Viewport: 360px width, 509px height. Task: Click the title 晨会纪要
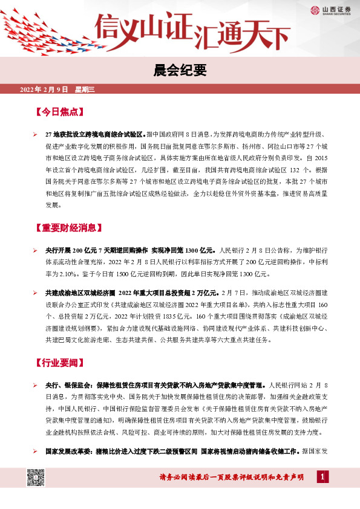(x=180, y=70)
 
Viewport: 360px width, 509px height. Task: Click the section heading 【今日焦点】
(x=59, y=112)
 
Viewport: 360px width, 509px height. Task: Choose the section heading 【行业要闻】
(x=59, y=363)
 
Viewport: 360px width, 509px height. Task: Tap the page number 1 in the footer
(x=322, y=478)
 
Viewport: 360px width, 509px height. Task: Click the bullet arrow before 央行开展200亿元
(x=36, y=249)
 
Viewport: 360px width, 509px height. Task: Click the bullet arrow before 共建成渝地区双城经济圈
(x=36, y=293)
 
